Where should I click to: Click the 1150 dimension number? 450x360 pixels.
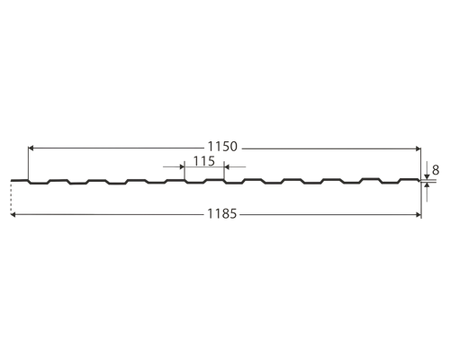[x=222, y=147]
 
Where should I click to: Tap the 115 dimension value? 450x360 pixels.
[x=204, y=161]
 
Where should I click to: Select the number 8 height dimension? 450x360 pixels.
[x=436, y=170]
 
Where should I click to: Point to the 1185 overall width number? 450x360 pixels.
[x=222, y=214]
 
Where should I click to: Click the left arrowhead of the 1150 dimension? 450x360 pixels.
[x=31, y=148]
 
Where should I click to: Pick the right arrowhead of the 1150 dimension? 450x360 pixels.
[x=418, y=148]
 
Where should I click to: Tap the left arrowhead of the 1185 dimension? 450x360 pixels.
[x=13, y=214]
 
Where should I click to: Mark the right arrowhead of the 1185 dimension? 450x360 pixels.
[x=418, y=215]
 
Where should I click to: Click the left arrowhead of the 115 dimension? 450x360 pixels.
[x=182, y=166]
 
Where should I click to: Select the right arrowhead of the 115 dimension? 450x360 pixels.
[x=227, y=166]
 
